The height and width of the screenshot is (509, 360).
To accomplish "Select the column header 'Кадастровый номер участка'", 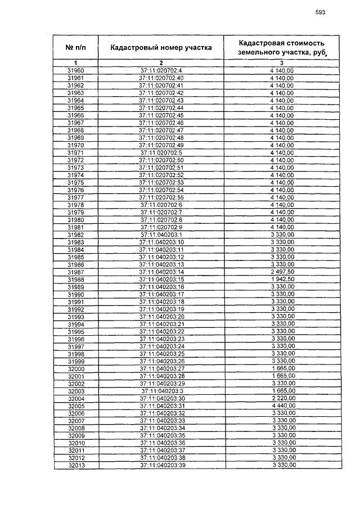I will (x=161, y=48).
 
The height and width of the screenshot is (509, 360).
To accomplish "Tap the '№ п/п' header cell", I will (x=75, y=48).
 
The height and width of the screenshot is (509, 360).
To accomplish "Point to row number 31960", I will (x=75, y=70).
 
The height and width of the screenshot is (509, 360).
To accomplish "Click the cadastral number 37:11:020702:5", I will (x=161, y=152).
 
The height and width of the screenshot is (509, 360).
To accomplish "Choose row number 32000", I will (x=75, y=368).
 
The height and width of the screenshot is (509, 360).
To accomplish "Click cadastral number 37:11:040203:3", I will (x=161, y=391).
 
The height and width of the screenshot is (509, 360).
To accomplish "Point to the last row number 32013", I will (x=75, y=465).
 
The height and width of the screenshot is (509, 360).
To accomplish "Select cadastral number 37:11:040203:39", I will (x=161, y=465).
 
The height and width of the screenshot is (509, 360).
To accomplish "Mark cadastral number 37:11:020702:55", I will (x=161, y=197).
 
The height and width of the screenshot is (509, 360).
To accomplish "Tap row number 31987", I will (x=75, y=272).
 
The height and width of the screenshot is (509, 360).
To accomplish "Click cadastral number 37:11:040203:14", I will (x=161, y=272).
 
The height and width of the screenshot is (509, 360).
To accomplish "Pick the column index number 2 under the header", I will (x=161, y=62).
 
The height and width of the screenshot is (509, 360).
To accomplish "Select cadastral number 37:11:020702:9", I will (x=161, y=227).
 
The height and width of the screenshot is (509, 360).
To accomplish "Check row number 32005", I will (x=75, y=406).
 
